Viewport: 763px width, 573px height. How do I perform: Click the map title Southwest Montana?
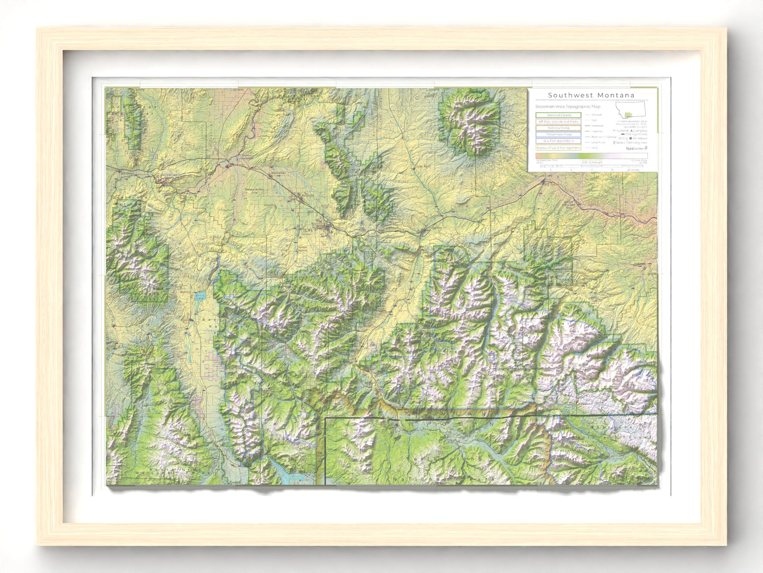point(591,95)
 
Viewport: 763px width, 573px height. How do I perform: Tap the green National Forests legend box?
point(559,115)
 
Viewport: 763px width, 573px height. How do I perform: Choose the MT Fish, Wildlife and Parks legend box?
point(559,122)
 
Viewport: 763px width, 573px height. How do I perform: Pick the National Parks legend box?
point(559,128)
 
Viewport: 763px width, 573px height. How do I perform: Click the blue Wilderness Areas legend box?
point(559,134)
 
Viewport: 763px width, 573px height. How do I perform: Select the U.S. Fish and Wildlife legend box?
point(559,141)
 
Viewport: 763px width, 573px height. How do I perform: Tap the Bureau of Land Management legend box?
point(559,147)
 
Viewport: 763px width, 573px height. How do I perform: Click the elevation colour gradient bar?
point(591,156)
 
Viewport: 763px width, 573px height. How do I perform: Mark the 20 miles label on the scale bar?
point(633,170)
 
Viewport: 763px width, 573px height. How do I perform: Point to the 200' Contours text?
point(592,162)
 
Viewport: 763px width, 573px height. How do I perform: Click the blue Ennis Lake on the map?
point(200,297)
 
